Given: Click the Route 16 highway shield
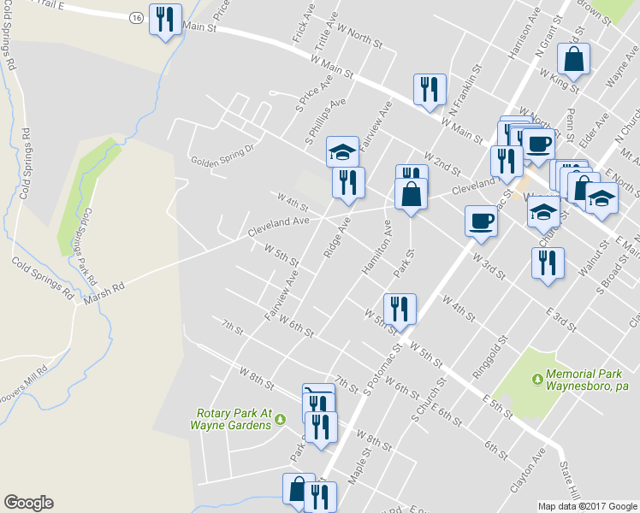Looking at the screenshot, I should [137, 17].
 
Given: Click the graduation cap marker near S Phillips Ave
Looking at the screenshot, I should [342, 154].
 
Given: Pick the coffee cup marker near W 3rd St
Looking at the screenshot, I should [481, 221].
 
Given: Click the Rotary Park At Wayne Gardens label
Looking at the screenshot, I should [231, 418].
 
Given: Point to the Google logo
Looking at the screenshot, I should [28, 503].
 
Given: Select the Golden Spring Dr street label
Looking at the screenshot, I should [222, 154].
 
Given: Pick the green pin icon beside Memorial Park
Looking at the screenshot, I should [537, 377].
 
